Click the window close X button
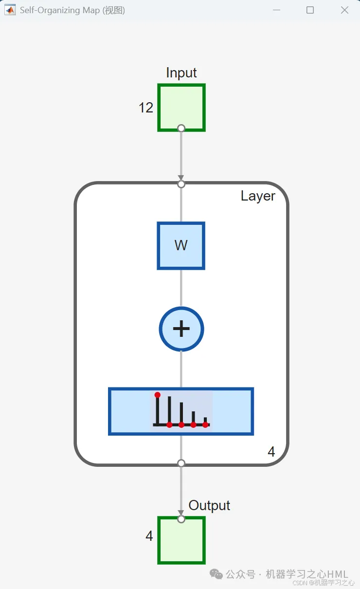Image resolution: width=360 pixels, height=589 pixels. (x=344, y=10)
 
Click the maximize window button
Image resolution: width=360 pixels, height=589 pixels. (x=310, y=10)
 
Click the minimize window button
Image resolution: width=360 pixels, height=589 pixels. (x=276, y=10)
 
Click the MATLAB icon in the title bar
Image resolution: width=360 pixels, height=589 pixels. (x=10, y=10)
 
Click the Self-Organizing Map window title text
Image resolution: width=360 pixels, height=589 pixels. (x=72, y=10)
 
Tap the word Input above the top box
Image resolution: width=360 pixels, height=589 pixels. (x=181, y=73)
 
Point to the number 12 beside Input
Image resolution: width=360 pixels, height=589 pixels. (x=146, y=108)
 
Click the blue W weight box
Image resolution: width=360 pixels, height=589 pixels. (x=181, y=245)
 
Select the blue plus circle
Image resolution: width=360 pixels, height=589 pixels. (x=181, y=329)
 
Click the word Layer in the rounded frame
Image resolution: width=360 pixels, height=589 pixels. (x=258, y=196)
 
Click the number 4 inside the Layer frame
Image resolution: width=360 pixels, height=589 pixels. (x=271, y=452)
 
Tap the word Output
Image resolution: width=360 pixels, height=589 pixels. (x=209, y=506)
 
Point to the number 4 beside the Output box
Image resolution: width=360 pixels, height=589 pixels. (x=149, y=536)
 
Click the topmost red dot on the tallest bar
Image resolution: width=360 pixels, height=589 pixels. (x=157, y=395)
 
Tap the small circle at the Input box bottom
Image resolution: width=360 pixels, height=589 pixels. (x=181, y=128)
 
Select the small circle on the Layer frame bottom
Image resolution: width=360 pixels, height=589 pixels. (x=181, y=463)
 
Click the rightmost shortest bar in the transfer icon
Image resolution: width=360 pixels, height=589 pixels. (x=205, y=420)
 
